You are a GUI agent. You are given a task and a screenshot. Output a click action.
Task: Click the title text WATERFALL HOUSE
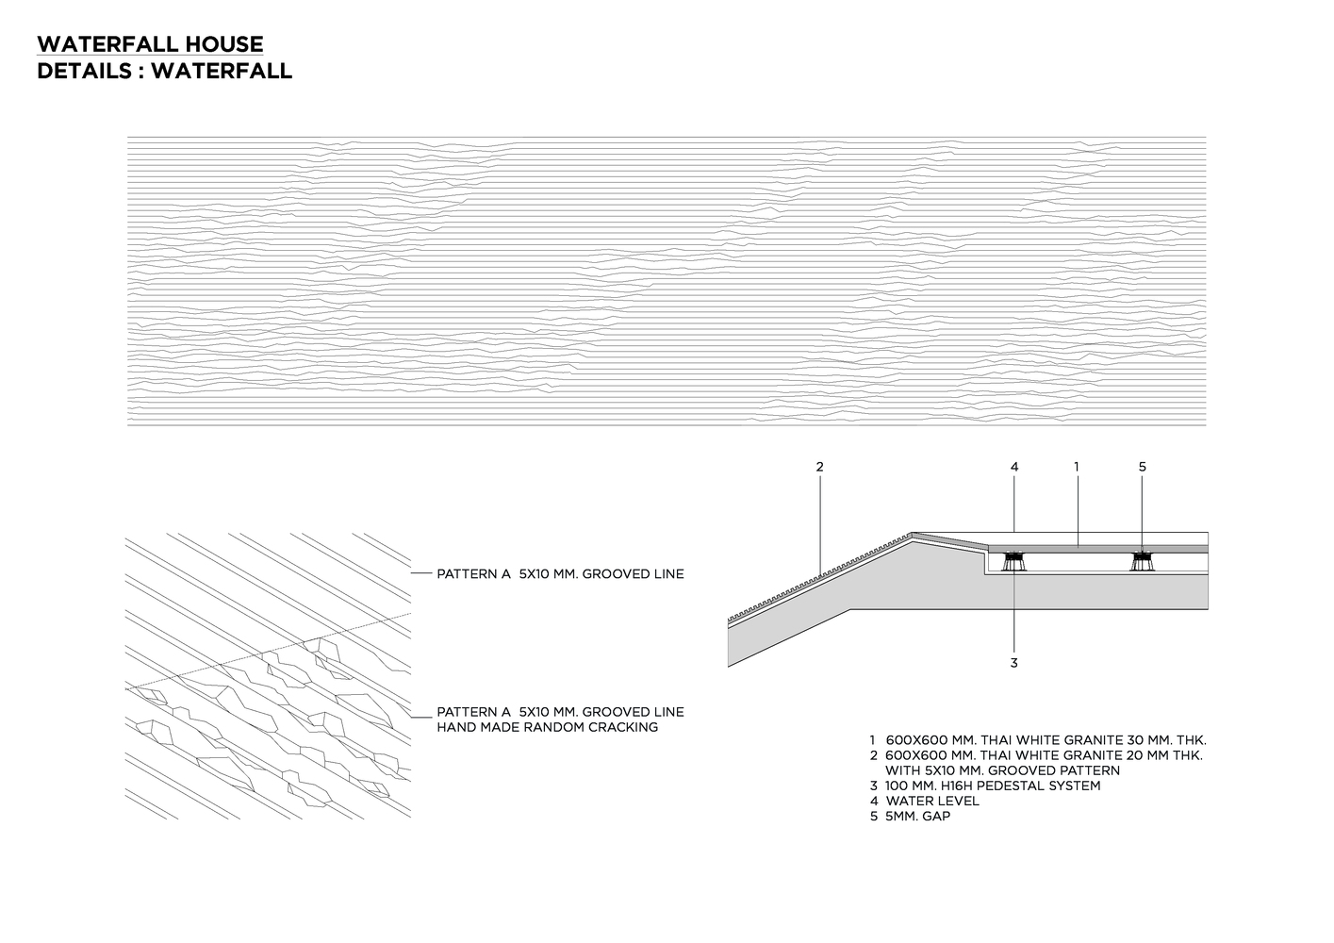coord(150,44)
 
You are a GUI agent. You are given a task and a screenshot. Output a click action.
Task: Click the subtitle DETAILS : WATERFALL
coord(164,71)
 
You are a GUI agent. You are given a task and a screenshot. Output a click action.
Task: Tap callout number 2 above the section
coord(820,466)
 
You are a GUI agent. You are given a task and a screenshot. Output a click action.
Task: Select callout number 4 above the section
coord(1014,466)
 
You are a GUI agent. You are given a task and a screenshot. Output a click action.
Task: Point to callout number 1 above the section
coord(1076,466)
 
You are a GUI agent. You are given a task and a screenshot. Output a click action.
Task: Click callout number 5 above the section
coord(1142,466)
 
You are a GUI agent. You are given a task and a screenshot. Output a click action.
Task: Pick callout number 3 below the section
coord(1014,663)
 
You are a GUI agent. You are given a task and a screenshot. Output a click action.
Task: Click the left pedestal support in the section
coord(1014,562)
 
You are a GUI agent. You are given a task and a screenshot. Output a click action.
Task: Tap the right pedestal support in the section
coord(1143,562)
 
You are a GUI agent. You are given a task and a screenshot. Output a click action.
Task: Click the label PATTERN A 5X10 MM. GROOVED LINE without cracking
coord(560,573)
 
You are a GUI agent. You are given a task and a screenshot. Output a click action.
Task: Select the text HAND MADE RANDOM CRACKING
coord(547,727)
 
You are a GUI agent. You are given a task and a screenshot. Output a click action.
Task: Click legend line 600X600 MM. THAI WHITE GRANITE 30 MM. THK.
coord(1046,740)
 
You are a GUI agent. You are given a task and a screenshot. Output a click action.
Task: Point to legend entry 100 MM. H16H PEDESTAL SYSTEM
coord(993,786)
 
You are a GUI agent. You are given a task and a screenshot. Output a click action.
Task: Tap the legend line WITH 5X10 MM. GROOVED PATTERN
coord(1002,770)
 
